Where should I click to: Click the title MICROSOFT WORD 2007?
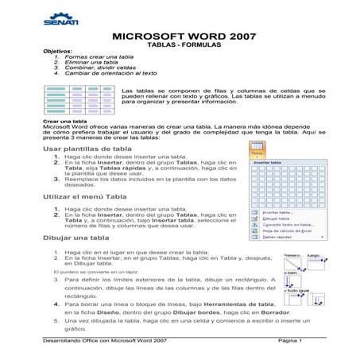(x=179, y=37)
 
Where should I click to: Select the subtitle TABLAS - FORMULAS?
(x=179, y=45)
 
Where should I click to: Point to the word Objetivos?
(x=56, y=52)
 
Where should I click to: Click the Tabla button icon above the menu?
(x=256, y=149)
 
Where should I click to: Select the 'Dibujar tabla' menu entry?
(x=275, y=218)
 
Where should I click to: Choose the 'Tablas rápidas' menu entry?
(x=277, y=237)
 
